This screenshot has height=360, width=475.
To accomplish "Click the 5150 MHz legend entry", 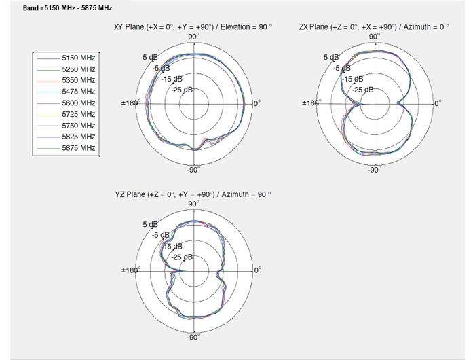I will click(78, 58).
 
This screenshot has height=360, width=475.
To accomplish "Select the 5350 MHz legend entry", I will click(78, 80).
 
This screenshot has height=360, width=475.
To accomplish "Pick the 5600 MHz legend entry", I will click(78, 103).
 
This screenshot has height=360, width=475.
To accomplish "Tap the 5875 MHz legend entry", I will click(78, 147).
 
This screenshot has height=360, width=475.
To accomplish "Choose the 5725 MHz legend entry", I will click(78, 114).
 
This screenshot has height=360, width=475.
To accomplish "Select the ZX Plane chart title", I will click(374, 26).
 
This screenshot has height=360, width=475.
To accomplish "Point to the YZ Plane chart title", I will click(193, 194).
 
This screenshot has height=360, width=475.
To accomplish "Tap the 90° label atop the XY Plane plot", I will click(193, 36).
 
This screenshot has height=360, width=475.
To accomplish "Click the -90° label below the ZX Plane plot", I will click(374, 170).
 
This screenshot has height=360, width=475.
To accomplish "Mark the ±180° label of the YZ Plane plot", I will click(131, 270).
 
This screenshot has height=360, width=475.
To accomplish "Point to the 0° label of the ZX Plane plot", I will click(437, 103).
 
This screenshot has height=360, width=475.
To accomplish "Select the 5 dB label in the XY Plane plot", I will click(150, 58).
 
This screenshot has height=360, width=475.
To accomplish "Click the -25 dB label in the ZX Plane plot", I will click(363, 90).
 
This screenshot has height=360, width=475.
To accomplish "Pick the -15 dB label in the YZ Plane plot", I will click(172, 247).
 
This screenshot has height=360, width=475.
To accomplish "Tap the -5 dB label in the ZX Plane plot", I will click(342, 68).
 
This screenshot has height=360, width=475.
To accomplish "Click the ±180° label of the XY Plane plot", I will click(130, 103).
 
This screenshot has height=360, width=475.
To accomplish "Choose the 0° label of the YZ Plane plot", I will click(257, 270).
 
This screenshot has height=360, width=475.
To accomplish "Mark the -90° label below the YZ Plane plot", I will click(193, 337).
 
